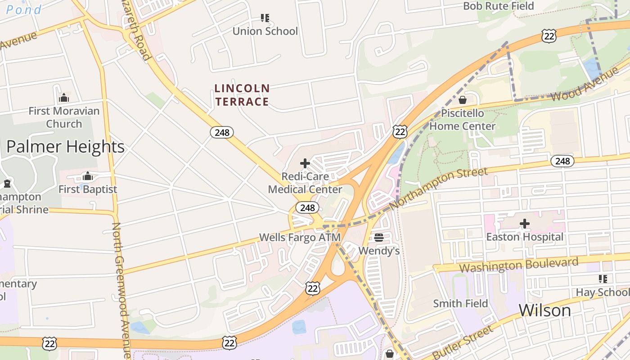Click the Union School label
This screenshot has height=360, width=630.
pos(265,31)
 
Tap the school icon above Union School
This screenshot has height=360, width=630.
pos(265,18)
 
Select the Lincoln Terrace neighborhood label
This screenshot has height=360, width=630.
pos(242,95)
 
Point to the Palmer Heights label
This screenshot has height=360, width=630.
pos(65,147)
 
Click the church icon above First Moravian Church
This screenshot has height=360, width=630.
pos(64,98)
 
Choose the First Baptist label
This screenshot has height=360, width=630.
pos(88,189)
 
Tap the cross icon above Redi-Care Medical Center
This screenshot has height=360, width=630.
pos(305,163)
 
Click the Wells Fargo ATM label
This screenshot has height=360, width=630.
pos(300,237)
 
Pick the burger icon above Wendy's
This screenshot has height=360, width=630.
pos(379,237)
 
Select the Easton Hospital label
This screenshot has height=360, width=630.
pos(525,237)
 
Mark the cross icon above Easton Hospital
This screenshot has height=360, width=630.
pos(525,223)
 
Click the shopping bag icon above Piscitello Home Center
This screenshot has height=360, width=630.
pos(463,100)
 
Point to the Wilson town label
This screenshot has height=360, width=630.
pos(545,310)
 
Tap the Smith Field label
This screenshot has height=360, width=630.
pos(460,303)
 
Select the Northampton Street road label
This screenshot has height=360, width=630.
pos(438,188)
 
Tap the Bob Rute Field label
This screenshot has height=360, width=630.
pos(498,6)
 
